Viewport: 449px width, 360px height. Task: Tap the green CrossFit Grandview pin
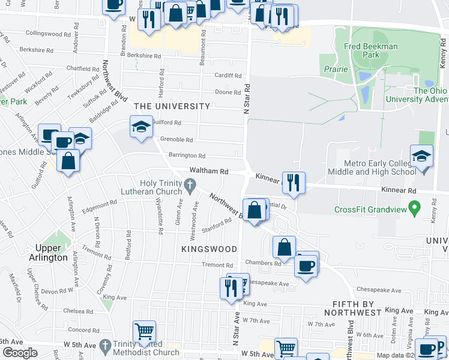point(414,208)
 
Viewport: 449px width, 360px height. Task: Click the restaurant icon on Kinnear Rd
point(294,182)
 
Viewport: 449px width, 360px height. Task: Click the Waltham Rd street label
point(209,171)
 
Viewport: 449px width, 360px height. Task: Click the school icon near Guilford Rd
point(142,127)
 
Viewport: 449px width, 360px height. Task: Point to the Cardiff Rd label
point(228,76)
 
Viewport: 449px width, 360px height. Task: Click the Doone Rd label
point(228,92)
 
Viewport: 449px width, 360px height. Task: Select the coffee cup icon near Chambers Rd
point(306,265)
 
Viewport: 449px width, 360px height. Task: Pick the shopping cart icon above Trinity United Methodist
point(145,331)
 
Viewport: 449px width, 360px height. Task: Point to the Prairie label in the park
point(336,69)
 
